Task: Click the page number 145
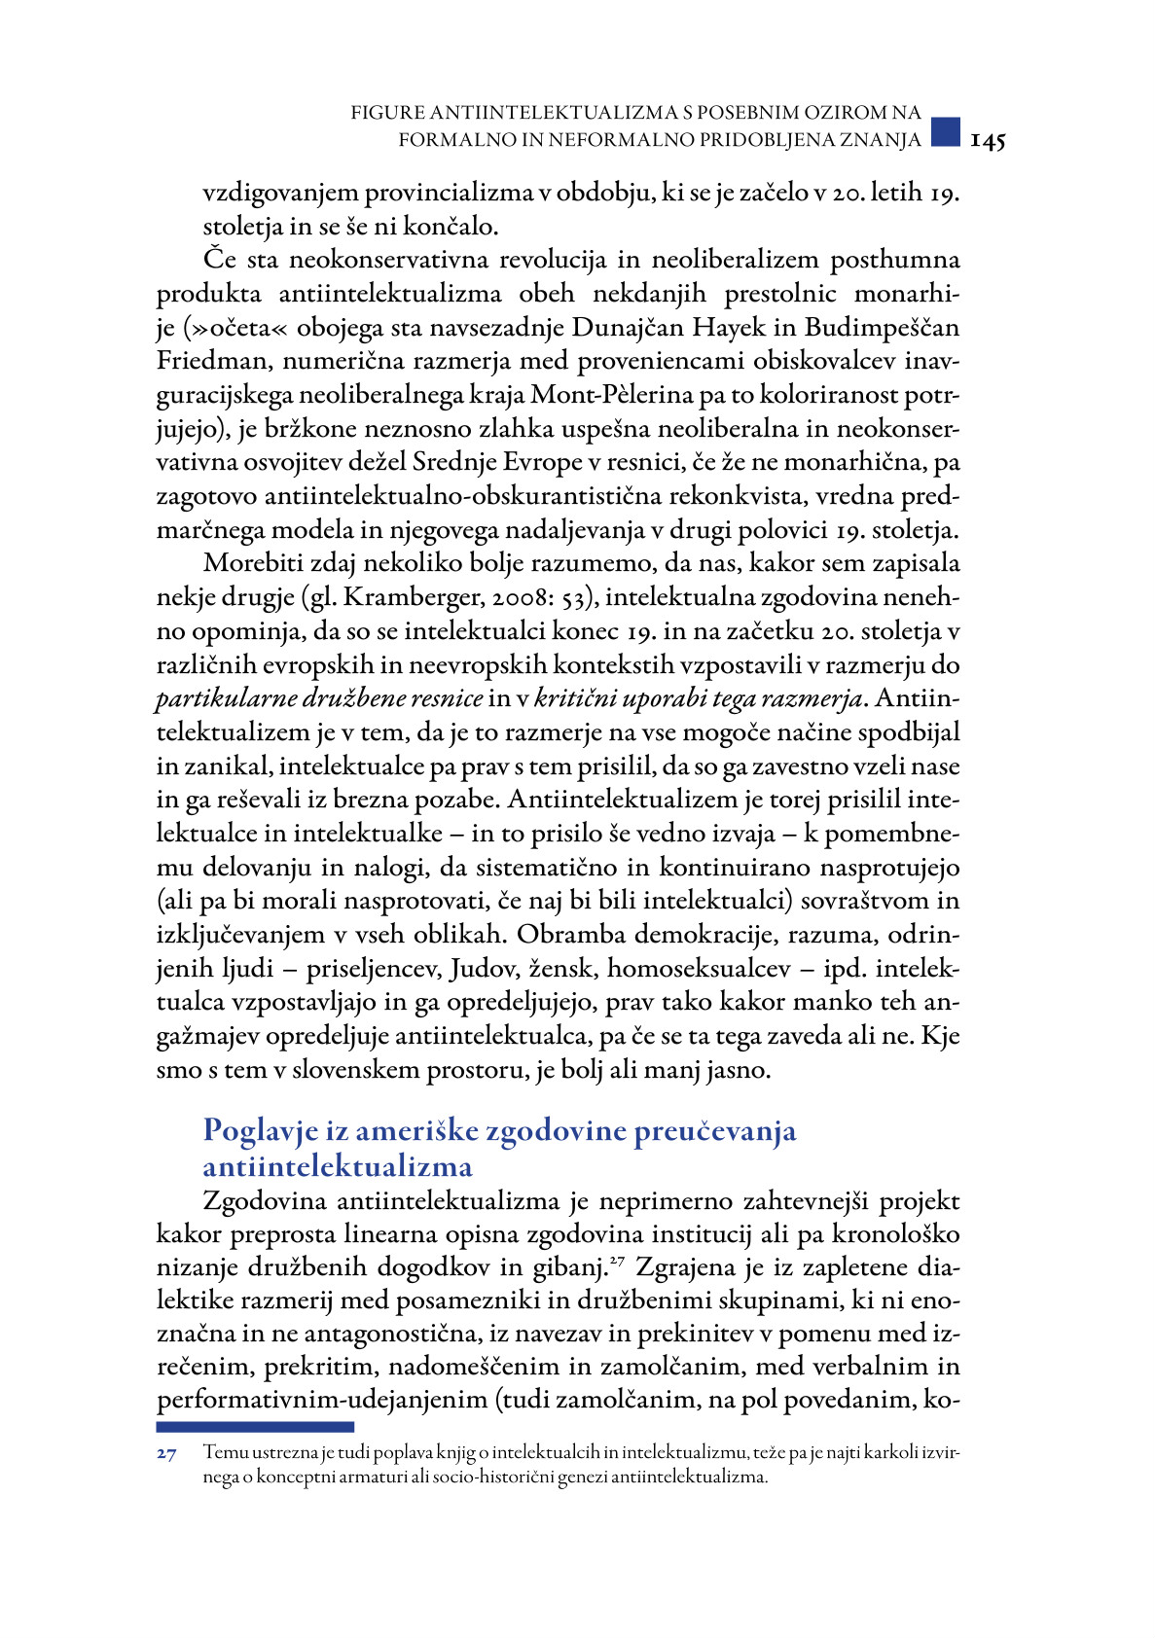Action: point(988,141)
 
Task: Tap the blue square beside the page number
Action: point(945,131)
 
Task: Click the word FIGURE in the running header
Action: point(387,114)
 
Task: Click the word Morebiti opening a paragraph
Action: point(258,564)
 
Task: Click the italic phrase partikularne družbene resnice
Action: point(319,699)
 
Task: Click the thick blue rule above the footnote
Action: point(255,1427)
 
